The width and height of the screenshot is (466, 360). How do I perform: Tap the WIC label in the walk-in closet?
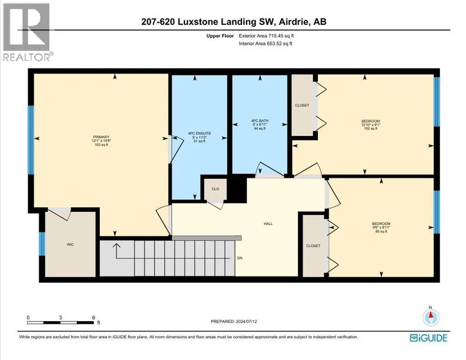pyautogui.click(x=70, y=244)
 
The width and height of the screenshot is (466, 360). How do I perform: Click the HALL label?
pyautogui.click(x=268, y=224)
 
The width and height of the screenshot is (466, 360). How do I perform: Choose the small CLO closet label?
pyautogui.click(x=216, y=189)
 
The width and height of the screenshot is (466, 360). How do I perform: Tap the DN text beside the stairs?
pyautogui.click(x=240, y=258)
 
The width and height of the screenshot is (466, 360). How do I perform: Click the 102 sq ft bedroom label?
pyautogui.click(x=371, y=125)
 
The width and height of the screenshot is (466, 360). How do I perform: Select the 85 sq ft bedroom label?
pyautogui.click(x=381, y=227)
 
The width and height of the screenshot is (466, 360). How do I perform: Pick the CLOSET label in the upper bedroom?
pyautogui.click(x=302, y=105)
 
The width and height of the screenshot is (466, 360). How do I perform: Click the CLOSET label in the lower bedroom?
pyautogui.click(x=313, y=246)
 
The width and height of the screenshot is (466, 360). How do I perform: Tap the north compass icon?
pyautogui.click(x=431, y=316)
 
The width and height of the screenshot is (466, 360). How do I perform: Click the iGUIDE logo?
pyautogui.click(x=428, y=338)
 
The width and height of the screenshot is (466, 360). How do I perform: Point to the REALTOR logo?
pyautogui.click(x=28, y=32)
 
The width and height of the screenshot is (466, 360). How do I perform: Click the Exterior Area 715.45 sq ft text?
pyautogui.click(x=266, y=36)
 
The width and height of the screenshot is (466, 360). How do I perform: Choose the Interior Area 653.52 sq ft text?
pyautogui.click(x=265, y=44)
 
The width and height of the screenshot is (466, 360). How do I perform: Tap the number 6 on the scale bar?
pyautogui.click(x=94, y=317)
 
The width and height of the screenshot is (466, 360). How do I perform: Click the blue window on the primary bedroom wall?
pyautogui.click(x=30, y=140)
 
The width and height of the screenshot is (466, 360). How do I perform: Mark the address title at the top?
pyautogui.click(x=233, y=22)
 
